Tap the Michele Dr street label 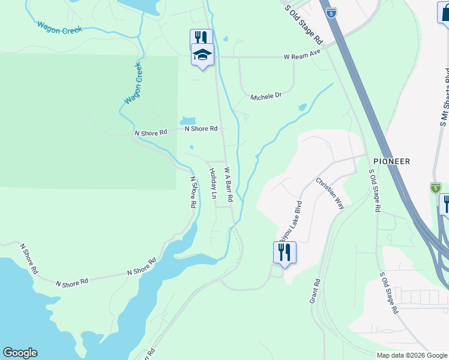pos(266,96)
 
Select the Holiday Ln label pos(212,183)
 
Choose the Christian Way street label pos(330,193)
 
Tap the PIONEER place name pos(391,161)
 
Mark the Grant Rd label pos(315,290)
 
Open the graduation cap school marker pos(202,55)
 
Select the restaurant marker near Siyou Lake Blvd pos(284,251)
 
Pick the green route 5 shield pos(435,188)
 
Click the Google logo pos(20,353)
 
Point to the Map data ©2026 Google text pos(412,355)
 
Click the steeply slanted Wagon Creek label pos(133,83)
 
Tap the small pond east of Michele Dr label pos(302,108)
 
